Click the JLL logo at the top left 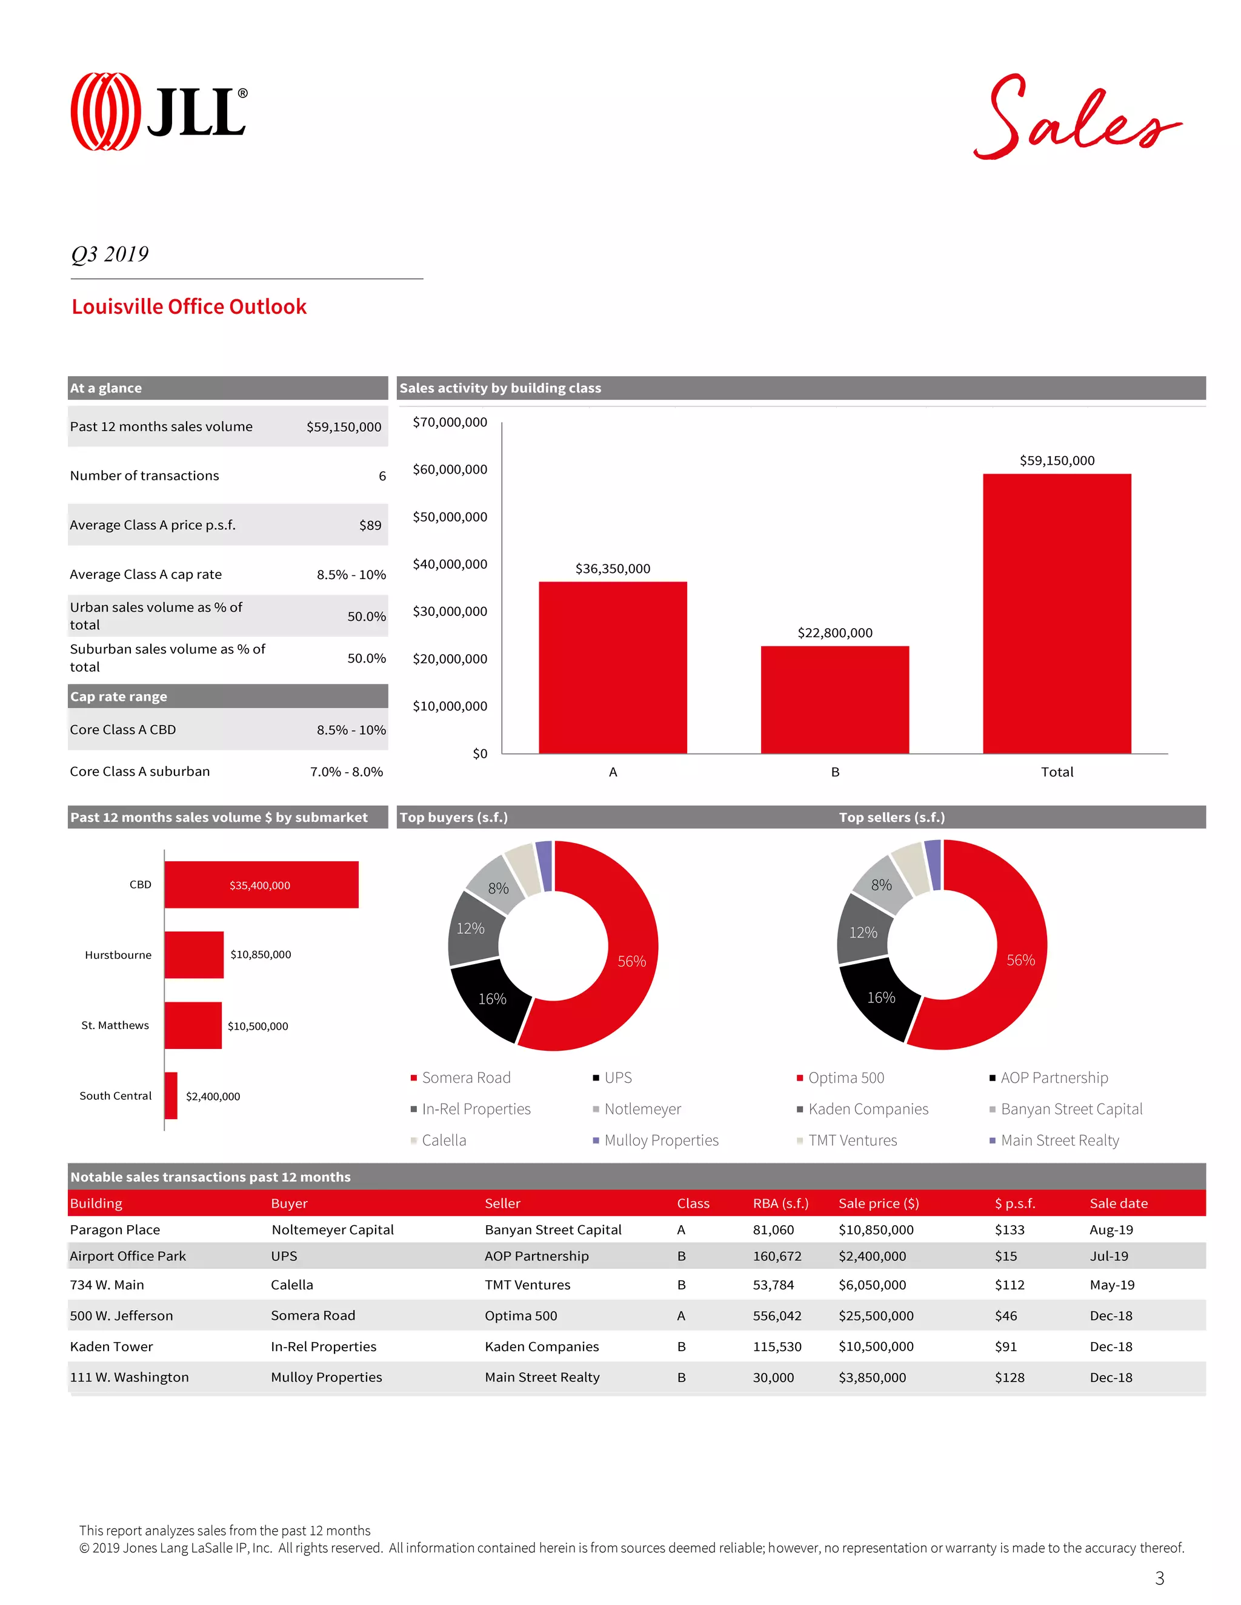[158, 111]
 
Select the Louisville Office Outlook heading [189, 306]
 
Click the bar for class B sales [834, 699]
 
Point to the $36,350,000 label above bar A [613, 568]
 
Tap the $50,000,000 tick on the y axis [449, 517]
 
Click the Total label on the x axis [1056, 772]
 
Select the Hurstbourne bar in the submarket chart [193, 955]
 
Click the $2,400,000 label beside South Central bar [213, 1096]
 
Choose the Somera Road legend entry [465, 1077]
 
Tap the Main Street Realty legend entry [1059, 1140]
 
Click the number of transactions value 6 [382, 475]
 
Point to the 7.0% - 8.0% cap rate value [346, 772]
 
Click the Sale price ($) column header [879, 1203]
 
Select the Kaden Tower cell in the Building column [111, 1346]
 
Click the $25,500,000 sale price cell [876, 1315]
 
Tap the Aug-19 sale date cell [1111, 1229]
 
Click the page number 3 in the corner [1159, 1578]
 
